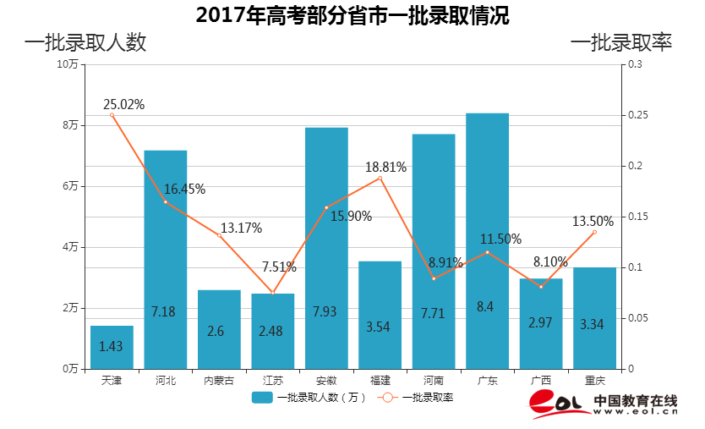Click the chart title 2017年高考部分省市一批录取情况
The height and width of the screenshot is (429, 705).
pyautogui.click(x=352, y=15)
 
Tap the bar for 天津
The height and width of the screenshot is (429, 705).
pyautogui.click(x=112, y=347)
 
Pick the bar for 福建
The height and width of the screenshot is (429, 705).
pyautogui.click(x=380, y=315)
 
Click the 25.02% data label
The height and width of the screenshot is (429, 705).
pyautogui.click(x=123, y=105)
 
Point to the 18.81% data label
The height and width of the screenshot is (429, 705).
pyautogui.click(x=385, y=168)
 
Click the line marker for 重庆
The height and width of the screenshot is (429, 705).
pyautogui.click(x=594, y=232)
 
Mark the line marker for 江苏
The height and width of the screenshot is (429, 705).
pyautogui.click(x=272, y=293)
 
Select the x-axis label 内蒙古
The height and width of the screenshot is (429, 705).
pyautogui.click(x=219, y=381)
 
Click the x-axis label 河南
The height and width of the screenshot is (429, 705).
pyautogui.click(x=433, y=381)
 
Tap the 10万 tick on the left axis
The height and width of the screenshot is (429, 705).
pyautogui.click(x=68, y=64)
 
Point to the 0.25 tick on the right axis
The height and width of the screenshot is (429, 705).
pyautogui.click(x=635, y=115)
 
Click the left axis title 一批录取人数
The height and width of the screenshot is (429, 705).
pyautogui.click(x=85, y=42)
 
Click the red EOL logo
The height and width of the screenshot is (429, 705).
pyautogui.click(x=559, y=405)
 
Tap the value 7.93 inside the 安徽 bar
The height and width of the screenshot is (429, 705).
pyautogui.click(x=325, y=311)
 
